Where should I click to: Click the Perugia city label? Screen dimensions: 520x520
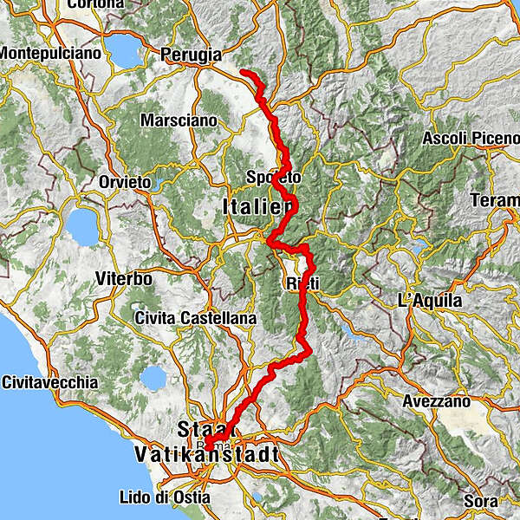click(x=192, y=55)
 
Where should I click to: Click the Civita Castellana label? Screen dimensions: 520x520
click(x=195, y=319)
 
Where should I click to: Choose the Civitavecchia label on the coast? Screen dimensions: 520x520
click(x=49, y=382)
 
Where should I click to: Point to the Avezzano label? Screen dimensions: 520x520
click(x=436, y=402)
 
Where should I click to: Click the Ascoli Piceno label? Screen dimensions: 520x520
click(x=469, y=139)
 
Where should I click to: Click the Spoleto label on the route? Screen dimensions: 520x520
click(x=274, y=178)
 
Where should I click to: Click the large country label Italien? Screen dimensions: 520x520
click(x=258, y=207)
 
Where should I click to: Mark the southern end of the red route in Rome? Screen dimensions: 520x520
click(x=206, y=447)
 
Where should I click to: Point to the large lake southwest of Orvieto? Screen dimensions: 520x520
click(x=82, y=227)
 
